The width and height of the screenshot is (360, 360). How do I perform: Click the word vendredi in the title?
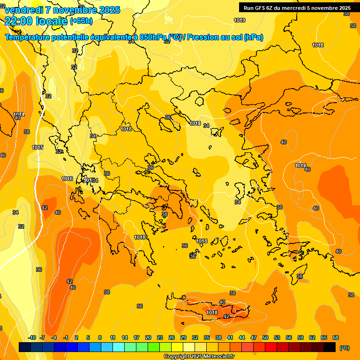[x=23, y=10]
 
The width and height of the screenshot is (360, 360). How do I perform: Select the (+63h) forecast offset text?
[x=82, y=21]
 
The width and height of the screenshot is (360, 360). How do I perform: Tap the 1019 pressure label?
[x=240, y=20]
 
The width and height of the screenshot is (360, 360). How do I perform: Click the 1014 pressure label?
[x=19, y=114]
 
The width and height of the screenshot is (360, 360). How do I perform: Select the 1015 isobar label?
[x=37, y=147]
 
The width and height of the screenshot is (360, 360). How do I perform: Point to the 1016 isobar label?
[x=67, y=179]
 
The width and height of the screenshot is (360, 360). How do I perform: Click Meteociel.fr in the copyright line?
[x=218, y=357]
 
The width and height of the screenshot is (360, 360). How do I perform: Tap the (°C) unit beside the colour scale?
[x=344, y=347]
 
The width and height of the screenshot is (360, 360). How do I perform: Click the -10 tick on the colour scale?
[x=32, y=337]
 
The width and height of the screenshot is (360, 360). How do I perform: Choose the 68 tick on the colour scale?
[x=336, y=337]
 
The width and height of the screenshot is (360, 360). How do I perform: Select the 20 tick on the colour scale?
[x=148, y=337]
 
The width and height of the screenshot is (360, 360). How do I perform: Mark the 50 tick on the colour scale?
[x=265, y=337]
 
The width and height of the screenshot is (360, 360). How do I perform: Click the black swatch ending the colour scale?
[x=330, y=347]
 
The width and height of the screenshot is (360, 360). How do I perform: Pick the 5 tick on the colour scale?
[x=88, y=337]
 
